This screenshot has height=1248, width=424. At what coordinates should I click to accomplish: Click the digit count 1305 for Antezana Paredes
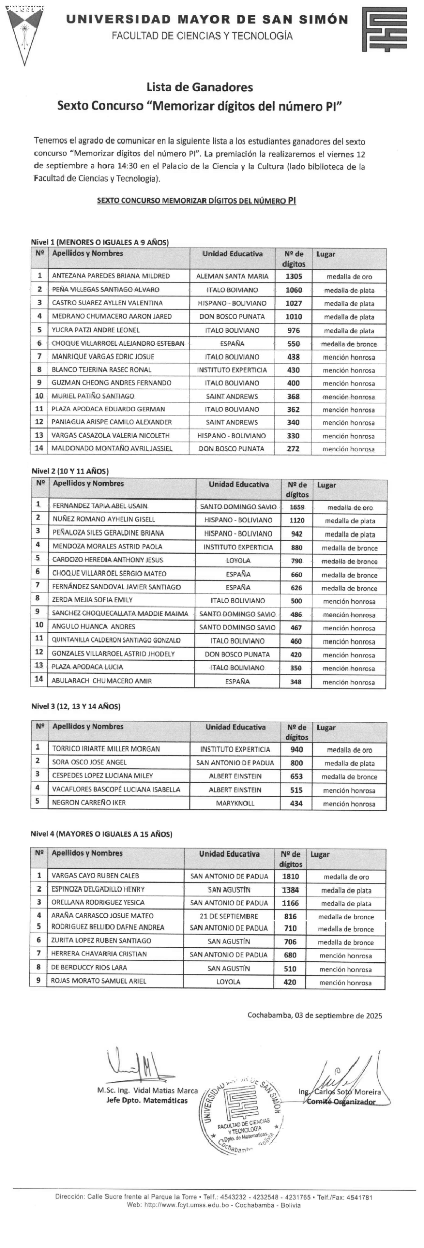point(294,276)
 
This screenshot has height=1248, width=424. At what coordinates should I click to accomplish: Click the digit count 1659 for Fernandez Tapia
point(297,507)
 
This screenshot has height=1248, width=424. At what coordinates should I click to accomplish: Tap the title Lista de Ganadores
point(199,87)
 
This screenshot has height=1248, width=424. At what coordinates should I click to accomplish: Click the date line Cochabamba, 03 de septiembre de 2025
point(314,1026)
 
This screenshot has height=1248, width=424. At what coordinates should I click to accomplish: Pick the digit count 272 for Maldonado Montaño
point(293,449)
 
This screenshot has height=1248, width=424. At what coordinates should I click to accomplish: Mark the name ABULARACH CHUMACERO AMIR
point(101,681)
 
